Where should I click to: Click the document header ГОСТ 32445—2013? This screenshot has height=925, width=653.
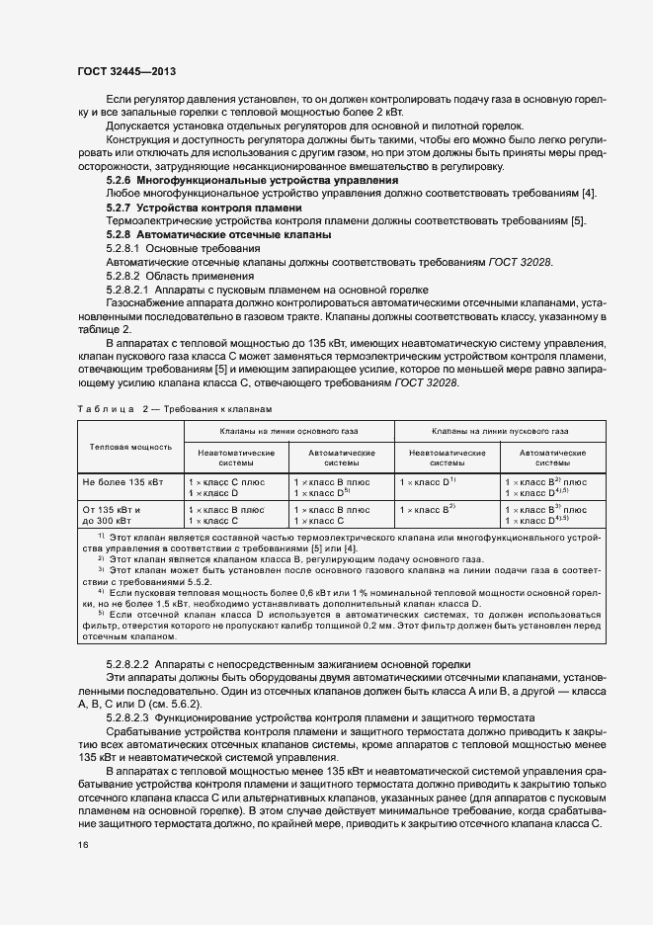tap(127, 72)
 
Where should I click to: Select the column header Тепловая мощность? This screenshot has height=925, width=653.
tap(130, 447)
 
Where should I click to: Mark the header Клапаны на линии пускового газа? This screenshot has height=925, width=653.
tap(500, 432)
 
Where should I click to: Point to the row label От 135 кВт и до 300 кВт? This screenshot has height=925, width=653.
tap(114, 514)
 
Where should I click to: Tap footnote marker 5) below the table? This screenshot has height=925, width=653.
tap(101, 639)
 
